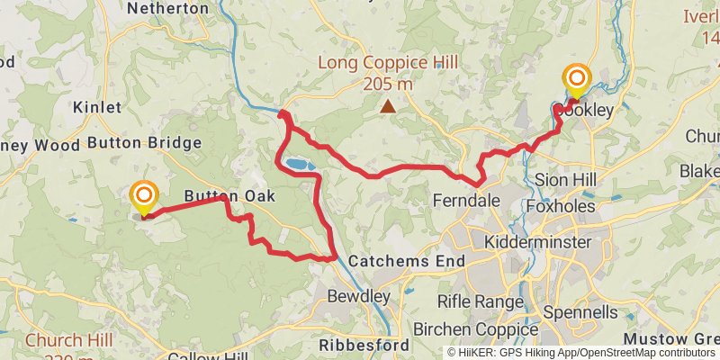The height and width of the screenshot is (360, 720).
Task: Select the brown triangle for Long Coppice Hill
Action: pos(388,107)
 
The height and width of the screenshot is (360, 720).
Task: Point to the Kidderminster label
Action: pos(537,243)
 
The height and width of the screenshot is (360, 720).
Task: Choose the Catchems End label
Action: pos(406,262)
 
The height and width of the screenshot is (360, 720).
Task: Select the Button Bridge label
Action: pos(144,143)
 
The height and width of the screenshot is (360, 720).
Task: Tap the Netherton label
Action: pos(169,8)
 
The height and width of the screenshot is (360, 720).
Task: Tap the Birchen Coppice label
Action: pos(475,329)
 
